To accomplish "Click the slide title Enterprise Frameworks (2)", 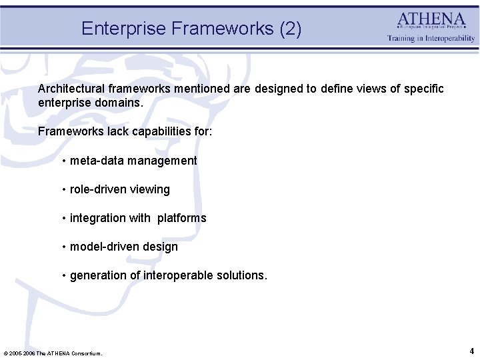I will tap(191, 29).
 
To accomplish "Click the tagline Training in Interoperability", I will tap(431, 39).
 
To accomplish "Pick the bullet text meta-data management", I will tap(133, 161).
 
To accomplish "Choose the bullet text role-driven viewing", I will tap(120, 189).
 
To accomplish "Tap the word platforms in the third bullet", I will tap(182, 218).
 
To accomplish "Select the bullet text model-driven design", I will tap(124, 247).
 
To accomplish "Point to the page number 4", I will tap(471, 351).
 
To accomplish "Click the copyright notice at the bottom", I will tap(53, 353).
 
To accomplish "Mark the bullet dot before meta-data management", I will tap(63, 161).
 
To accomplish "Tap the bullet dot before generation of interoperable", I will tap(63, 276).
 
